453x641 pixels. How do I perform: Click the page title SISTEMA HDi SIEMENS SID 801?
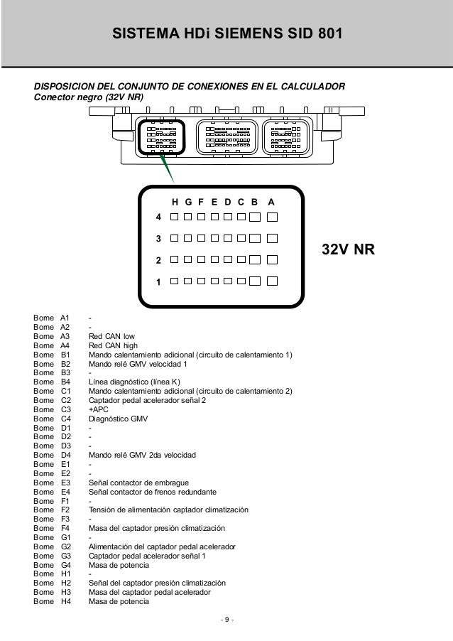226,33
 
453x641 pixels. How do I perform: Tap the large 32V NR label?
349,250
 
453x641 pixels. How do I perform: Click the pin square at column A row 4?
272,216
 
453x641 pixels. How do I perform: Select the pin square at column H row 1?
175,281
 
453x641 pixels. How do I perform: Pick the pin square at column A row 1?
272,281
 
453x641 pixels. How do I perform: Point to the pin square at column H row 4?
175,216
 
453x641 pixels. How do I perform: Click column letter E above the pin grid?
215,202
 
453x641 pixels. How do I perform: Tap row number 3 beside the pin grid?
159,238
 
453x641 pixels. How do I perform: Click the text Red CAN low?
111,336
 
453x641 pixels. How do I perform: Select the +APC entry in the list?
99,409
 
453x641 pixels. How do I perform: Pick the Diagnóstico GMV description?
118,419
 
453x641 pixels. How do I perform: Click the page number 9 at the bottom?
226,623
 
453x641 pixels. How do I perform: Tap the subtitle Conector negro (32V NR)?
90,98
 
